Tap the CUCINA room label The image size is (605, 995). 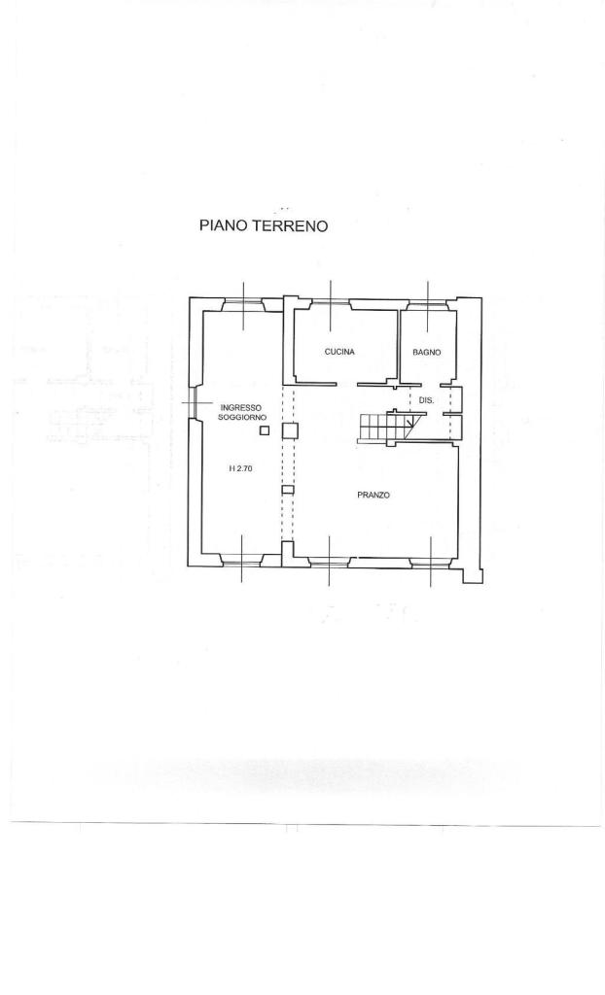pyautogui.click(x=339, y=352)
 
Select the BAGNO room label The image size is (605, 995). pyautogui.click(x=426, y=352)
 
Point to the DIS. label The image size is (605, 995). pyautogui.click(x=426, y=400)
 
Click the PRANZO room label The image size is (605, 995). pyautogui.click(x=374, y=495)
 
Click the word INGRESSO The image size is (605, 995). pyautogui.click(x=241, y=407)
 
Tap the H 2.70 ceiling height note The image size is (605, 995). pyautogui.click(x=241, y=468)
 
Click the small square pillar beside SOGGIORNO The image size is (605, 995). pyautogui.click(x=265, y=430)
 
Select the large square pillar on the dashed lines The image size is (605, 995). pyautogui.click(x=289, y=430)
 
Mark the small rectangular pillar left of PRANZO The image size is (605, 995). pyautogui.click(x=288, y=490)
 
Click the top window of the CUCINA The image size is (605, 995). pyautogui.click(x=330, y=304)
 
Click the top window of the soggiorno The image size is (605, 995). pyautogui.click(x=243, y=304)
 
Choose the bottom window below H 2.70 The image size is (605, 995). pyautogui.click(x=241, y=561)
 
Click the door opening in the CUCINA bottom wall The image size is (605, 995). pyautogui.click(x=346, y=384)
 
